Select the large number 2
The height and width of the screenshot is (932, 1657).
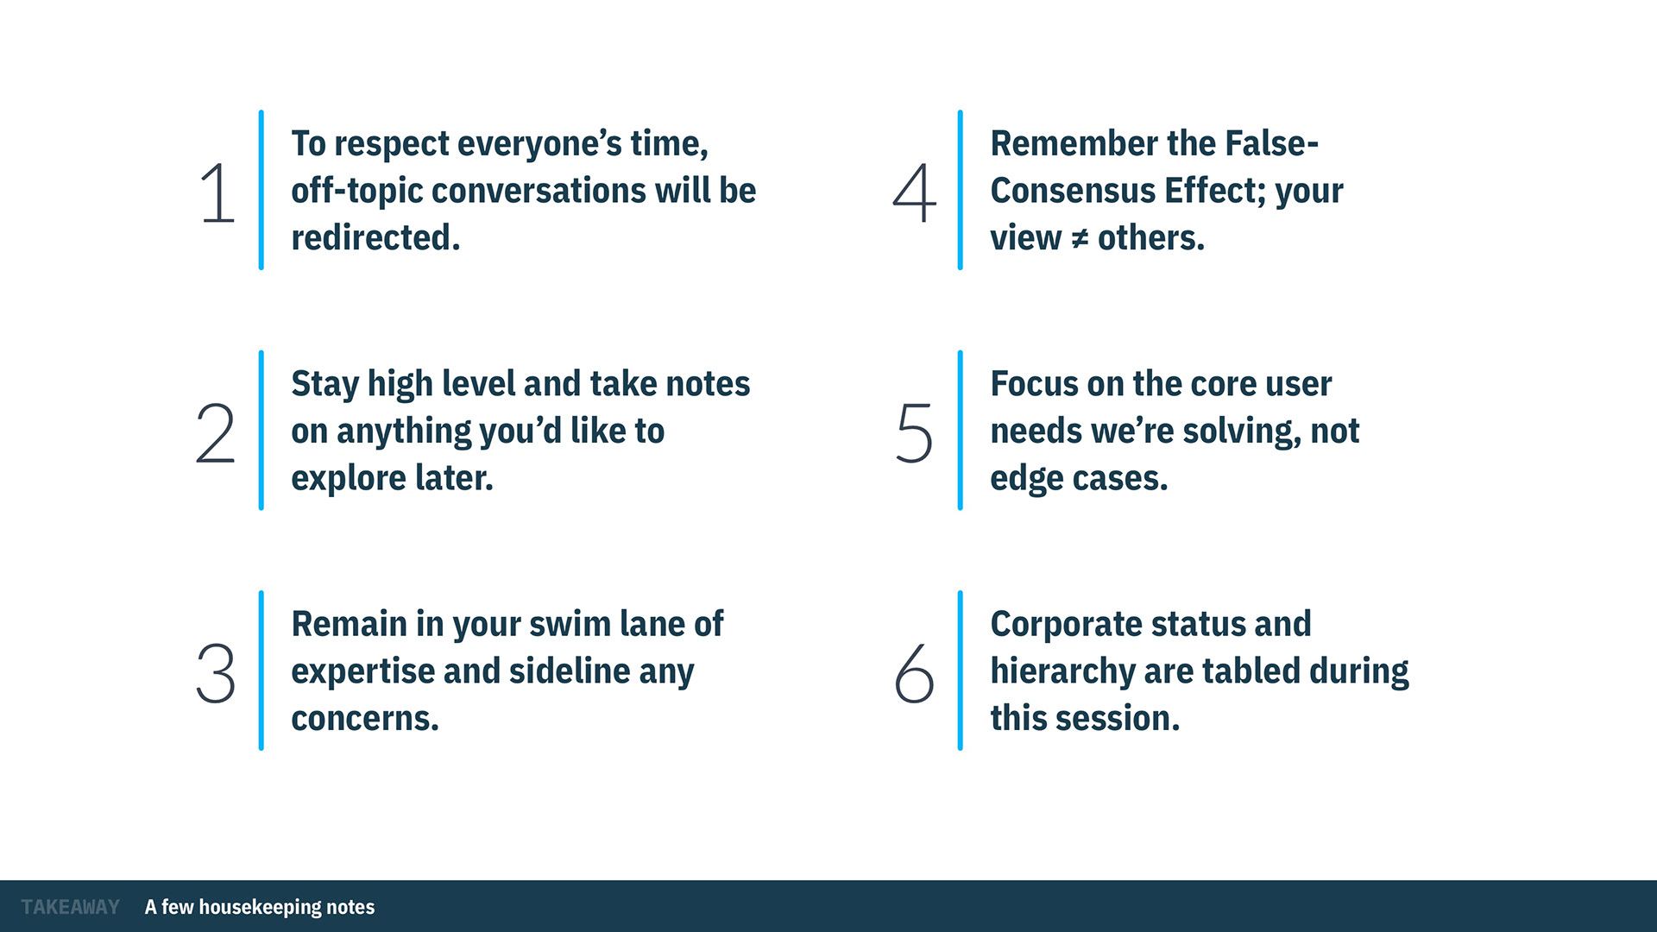point(215,433)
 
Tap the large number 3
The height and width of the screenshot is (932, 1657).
point(215,673)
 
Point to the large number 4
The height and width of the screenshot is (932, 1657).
point(914,193)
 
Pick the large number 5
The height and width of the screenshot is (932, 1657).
point(914,433)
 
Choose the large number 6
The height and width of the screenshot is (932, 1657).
point(914,673)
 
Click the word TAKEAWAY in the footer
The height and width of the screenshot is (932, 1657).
point(71,907)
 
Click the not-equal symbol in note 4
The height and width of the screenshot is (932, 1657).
point(1079,239)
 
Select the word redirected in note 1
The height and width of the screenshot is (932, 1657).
point(375,237)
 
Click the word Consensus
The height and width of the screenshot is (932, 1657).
point(1072,191)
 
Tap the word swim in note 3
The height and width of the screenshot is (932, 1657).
point(567,624)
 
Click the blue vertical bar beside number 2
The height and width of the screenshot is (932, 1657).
point(261,431)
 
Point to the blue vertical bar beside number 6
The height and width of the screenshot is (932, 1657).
point(960,671)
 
